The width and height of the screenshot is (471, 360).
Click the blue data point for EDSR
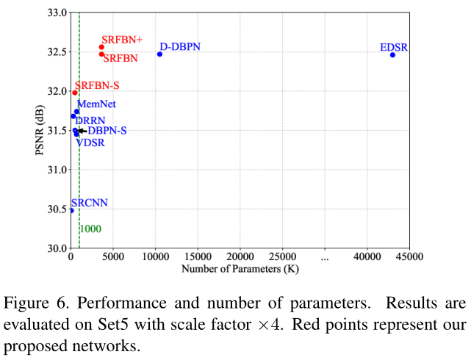pos(392,54)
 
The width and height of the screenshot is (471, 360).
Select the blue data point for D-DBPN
pos(159,54)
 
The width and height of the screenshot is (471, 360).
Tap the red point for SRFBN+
pos(101,47)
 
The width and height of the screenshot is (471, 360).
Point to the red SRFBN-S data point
pos(75,93)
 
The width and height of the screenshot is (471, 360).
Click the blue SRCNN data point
pos(71,210)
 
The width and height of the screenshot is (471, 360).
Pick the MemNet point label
pos(96,104)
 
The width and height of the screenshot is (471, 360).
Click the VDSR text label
pos(90,143)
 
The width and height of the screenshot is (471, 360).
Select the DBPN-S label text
pos(107,131)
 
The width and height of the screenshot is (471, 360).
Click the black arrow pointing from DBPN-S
pos(82,131)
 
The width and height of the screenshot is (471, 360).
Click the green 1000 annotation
pos(90,229)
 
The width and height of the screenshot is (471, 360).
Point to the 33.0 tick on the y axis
pos(55,12)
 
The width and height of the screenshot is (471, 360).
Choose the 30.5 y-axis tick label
pos(55,209)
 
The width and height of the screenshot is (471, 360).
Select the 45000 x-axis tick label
pos(409,257)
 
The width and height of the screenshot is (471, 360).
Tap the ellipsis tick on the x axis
pos(324,257)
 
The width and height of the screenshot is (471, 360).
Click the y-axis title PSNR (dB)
pos(38,130)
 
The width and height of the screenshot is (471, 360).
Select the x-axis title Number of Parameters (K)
pos(240,269)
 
